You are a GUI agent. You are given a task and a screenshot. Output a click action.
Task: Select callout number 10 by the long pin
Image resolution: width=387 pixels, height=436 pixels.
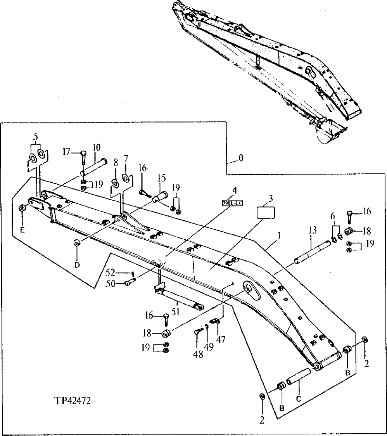click(96, 147)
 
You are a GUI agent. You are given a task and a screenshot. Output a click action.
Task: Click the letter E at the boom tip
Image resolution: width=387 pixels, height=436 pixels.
click(22, 230)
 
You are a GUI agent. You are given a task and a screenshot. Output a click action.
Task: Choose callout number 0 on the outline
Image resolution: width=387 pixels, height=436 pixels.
click(241, 158)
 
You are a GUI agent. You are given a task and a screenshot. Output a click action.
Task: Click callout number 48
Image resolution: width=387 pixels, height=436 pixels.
click(198, 355)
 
